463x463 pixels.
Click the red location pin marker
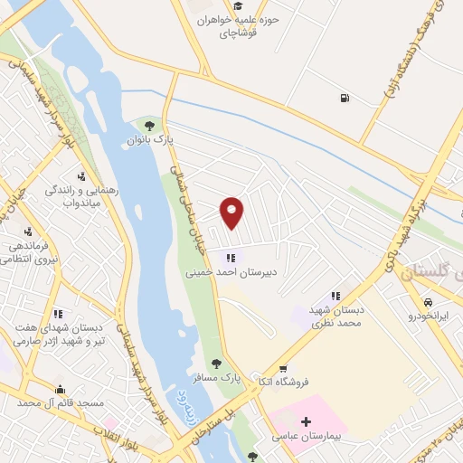point(232,212)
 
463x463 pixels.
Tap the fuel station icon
point(344,99)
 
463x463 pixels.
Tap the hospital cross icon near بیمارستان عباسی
point(307,422)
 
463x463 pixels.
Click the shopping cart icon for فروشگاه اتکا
point(283,369)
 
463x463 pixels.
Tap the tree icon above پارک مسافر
point(214,366)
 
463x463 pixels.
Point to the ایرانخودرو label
point(428,317)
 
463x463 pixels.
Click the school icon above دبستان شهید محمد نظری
point(335,296)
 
